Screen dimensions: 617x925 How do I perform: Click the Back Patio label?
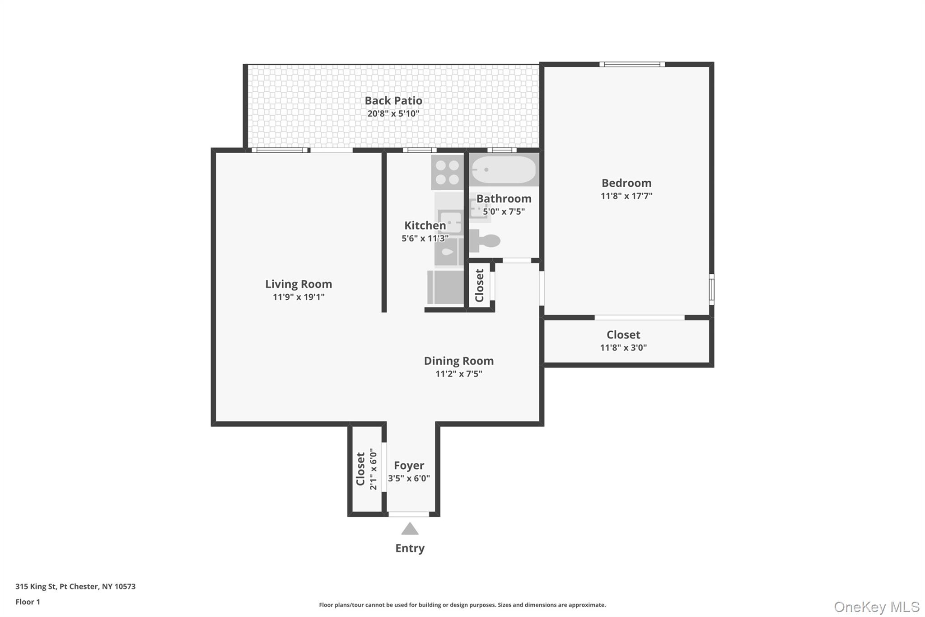click(393, 101)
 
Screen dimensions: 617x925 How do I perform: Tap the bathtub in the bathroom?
click(504, 170)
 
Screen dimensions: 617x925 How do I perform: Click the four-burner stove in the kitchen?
click(447, 172)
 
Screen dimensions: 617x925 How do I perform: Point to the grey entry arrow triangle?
click(410, 529)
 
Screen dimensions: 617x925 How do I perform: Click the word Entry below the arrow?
click(410, 548)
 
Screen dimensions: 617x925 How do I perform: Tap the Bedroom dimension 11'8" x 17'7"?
click(626, 196)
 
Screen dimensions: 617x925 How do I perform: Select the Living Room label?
click(299, 284)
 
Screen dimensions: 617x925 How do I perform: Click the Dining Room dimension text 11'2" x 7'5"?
click(459, 374)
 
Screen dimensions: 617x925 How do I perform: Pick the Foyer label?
click(409, 466)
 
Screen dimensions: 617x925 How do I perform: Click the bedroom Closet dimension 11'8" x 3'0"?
click(623, 348)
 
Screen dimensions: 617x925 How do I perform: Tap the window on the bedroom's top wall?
click(632, 64)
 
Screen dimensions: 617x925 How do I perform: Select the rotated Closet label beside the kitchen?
click(480, 286)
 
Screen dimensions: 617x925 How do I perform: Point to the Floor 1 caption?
click(28, 602)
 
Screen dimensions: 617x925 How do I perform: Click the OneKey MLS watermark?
click(877, 607)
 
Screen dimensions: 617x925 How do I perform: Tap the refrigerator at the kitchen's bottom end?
click(445, 287)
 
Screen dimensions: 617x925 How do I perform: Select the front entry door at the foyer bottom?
click(409, 514)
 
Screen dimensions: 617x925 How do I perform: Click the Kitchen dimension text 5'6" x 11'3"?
click(425, 238)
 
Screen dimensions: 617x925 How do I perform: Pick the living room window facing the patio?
click(280, 150)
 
